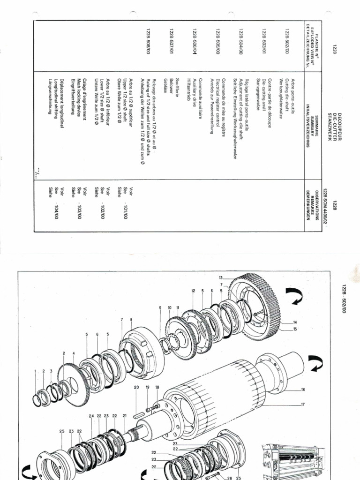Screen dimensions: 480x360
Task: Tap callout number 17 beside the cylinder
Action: [x=303, y=404]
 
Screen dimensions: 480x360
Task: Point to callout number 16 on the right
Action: [x=303, y=389]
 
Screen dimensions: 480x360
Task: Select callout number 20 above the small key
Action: [x=137, y=387]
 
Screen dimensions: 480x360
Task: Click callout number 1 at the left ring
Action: [x=35, y=371]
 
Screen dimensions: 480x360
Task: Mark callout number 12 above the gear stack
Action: [x=193, y=291]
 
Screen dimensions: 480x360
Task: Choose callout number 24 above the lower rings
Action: [x=90, y=416]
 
